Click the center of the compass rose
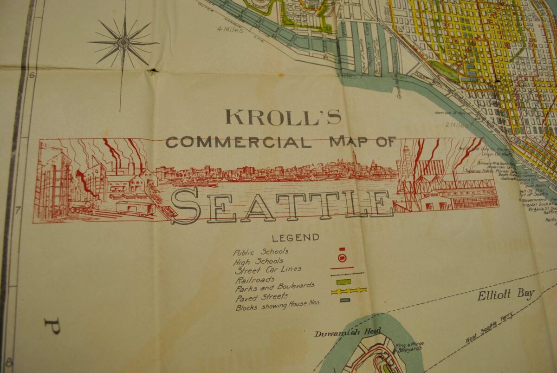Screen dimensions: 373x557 pos(123,43)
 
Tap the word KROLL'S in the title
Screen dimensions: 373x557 pos(283,117)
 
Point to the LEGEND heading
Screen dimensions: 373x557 pos(296,238)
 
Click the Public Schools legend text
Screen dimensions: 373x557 pos(260,252)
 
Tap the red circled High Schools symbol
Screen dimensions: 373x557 pos(342,258)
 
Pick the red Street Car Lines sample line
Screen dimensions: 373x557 pos(342,268)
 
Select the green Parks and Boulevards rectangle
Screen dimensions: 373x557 pos(343,282)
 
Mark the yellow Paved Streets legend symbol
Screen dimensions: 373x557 pos(349,291)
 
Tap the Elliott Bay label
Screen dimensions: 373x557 pos(505,294)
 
